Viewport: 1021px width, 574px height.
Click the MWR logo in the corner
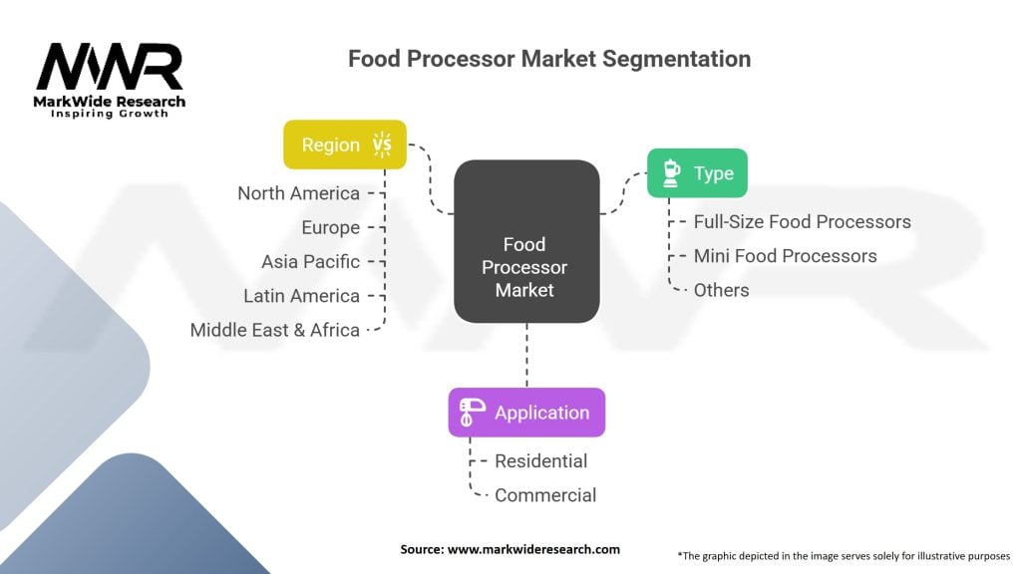(110, 68)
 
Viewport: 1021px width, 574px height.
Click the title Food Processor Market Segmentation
(548, 58)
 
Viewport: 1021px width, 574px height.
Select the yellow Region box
(345, 144)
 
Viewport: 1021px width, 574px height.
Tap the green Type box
(697, 173)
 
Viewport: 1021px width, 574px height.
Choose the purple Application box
(526, 413)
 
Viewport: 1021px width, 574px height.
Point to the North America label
(298, 193)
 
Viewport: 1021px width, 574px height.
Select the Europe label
(330, 227)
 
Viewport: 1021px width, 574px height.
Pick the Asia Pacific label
(310, 261)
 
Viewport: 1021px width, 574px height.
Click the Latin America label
(301, 295)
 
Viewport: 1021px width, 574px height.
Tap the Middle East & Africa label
(275, 329)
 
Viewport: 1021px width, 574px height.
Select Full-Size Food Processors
(802, 221)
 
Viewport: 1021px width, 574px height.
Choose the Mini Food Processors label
(785, 255)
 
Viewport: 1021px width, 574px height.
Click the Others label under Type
(721, 289)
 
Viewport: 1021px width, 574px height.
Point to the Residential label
(540, 460)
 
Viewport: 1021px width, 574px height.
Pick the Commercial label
(545, 494)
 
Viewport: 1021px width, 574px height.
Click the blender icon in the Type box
(671, 173)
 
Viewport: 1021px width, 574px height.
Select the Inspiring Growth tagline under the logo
(110, 114)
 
